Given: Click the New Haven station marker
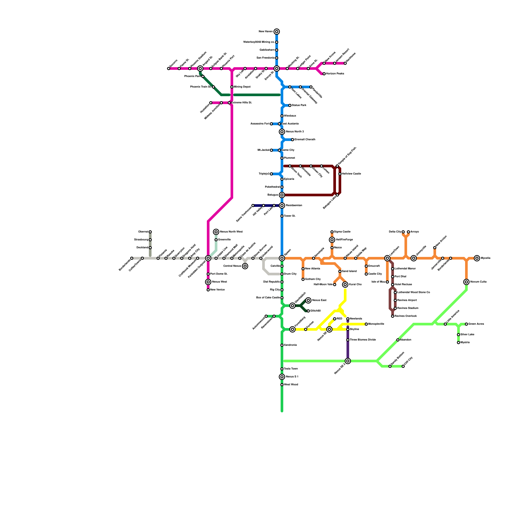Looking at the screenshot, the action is point(277,32).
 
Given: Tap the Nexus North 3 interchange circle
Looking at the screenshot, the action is point(282,132).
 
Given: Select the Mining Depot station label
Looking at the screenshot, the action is point(242,87).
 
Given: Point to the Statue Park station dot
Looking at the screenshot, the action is point(290,105).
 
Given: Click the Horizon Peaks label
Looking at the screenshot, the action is point(335,74).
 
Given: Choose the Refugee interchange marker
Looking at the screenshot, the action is point(282,195).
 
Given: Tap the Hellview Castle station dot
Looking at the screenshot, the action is point(340,174).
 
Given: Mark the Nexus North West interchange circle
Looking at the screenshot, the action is point(216,232).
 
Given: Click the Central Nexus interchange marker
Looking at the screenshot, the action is point(245,266).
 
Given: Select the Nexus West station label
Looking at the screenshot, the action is point(219,282).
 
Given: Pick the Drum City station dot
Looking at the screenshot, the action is point(282,274).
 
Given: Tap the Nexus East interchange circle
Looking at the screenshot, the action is point(308,300).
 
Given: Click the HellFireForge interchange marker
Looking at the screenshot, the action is point(332,240).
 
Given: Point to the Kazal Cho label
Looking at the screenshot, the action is point(355,285).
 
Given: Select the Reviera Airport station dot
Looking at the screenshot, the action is point(395,300).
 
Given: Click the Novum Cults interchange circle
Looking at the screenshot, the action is point(466,282).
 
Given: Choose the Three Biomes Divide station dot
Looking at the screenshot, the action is point(348,340).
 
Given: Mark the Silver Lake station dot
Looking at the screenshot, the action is point(458,335).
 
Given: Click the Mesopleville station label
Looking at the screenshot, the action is point(376,324).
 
